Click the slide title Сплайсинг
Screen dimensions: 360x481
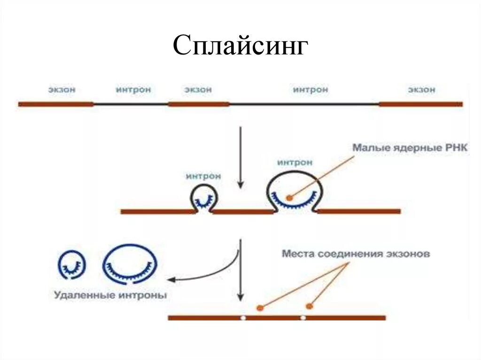tap(240, 46)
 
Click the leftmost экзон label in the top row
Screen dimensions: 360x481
tap(62, 89)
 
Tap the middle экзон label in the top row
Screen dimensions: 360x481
tap(198, 89)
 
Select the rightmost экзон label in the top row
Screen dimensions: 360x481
tap(421, 89)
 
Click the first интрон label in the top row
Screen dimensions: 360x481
tap(133, 89)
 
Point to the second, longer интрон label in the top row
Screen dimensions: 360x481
tap(310, 89)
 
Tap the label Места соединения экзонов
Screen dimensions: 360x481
tap(356, 254)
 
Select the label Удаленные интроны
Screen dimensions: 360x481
tap(110, 296)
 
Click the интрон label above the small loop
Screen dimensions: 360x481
tap(203, 176)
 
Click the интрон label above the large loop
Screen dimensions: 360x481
tap(295, 162)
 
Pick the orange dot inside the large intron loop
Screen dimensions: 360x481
tap(289, 197)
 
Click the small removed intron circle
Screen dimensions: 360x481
tap(72, 264)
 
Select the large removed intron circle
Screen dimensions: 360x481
tap(130, 264)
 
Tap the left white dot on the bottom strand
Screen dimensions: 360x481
tap(243, 318)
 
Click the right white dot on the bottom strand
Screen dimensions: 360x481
tap(303, 318)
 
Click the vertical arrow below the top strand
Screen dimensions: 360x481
tap(241, 157)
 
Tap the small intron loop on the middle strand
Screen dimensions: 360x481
tap(203, 197)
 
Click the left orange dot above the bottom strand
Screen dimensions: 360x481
tap(259, 308)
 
